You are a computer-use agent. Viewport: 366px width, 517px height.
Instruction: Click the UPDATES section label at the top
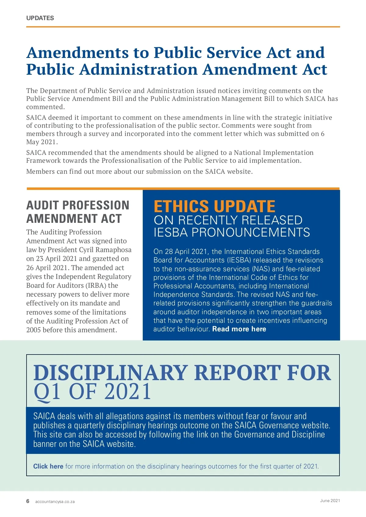coord(40,18)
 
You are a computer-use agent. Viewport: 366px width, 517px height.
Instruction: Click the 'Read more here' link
coord(239,329)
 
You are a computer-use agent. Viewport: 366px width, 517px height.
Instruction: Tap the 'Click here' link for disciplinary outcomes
coord(48,466)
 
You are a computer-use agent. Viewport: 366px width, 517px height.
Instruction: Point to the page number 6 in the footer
coord(28,501)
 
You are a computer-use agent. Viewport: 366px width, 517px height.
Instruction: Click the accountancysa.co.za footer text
coord(55,501)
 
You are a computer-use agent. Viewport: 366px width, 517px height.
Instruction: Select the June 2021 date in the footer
coord(330,501)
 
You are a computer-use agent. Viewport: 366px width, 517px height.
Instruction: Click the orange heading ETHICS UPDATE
coord(214,206)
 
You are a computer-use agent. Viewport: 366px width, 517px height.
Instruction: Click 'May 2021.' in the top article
coord(42,142)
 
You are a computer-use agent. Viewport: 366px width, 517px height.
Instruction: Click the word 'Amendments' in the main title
coord(77,52)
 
